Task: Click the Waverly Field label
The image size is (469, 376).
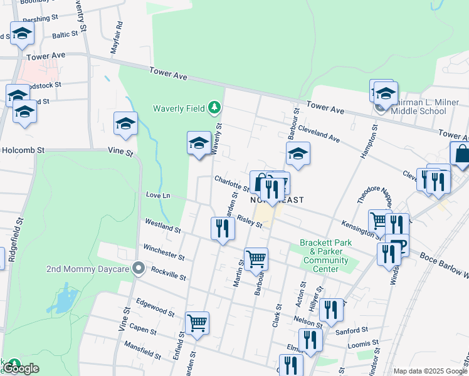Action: tap(179, 108)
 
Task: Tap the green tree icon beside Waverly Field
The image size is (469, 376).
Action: tap(215, 108)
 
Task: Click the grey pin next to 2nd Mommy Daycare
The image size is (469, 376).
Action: tap(139, 269)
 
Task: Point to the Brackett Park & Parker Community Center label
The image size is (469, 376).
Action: tap(325, 256)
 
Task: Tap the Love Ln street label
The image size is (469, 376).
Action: tap(158, 196)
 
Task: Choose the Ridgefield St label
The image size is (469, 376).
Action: tap(11, 239)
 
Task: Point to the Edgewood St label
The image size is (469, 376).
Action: tap(154, 310)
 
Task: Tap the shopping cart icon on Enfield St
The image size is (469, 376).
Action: tap(197, 323)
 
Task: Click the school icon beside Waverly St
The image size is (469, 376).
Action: tap(199, 144)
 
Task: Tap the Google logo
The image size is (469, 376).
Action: tap(21, 368)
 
